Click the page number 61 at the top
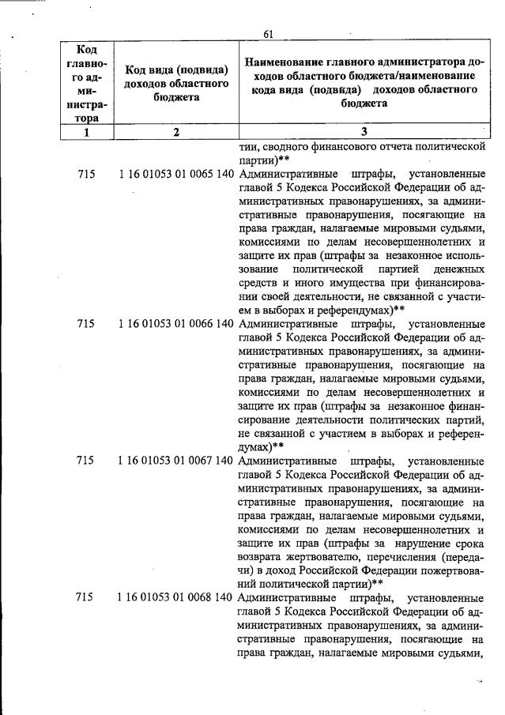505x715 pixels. [268, 33]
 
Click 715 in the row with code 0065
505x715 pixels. [88, 172]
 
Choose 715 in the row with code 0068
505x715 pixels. [88, 598]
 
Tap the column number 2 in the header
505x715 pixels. [177, 133]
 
